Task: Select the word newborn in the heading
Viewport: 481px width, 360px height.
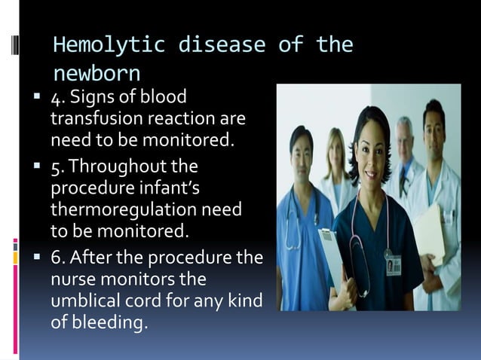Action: (x=97, y=74)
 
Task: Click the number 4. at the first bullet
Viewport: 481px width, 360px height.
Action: (x=59, y=98)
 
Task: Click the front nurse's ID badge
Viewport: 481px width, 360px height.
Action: (x=393, y=264)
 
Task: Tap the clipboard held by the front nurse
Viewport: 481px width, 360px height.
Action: (x=332, y=256)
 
